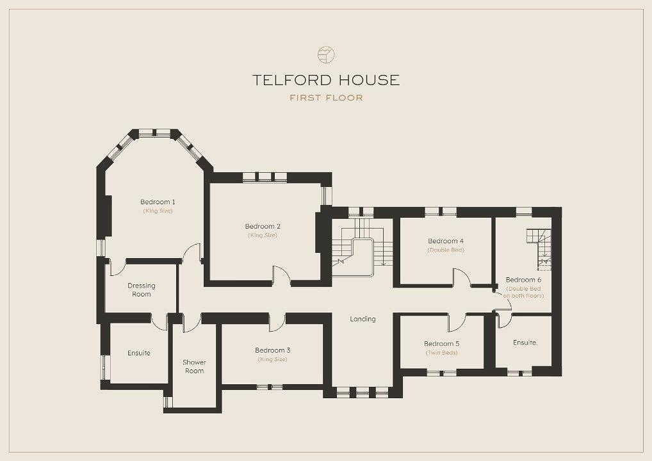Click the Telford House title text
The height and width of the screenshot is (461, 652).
click(326, 80)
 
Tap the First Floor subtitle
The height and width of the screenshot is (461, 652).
click(327, 98)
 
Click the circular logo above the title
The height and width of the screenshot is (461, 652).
click(327, 55)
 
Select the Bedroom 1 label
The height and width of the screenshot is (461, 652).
click(158, 202)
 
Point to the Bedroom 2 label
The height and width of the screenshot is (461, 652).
click(263, 227)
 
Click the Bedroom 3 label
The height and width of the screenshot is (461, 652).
click(273, 350)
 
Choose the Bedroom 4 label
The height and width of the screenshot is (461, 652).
click(446, 241)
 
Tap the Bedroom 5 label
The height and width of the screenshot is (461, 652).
click(441, 344)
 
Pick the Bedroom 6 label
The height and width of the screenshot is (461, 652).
click(523, 280)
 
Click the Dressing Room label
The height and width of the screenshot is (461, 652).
click(142, 290)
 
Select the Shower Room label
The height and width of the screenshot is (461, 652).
click(194, 366)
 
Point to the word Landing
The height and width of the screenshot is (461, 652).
click(363, 319)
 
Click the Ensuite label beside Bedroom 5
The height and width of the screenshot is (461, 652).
click(525, 343)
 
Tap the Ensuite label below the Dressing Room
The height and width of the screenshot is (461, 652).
click(139, 353)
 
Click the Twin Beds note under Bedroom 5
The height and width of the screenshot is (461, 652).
click(441, 353)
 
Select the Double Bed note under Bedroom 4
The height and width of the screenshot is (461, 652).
click(446, 250)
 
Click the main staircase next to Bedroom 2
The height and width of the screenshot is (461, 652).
click(362, 247)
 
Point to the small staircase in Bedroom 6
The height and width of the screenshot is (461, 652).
click(539, 249)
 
